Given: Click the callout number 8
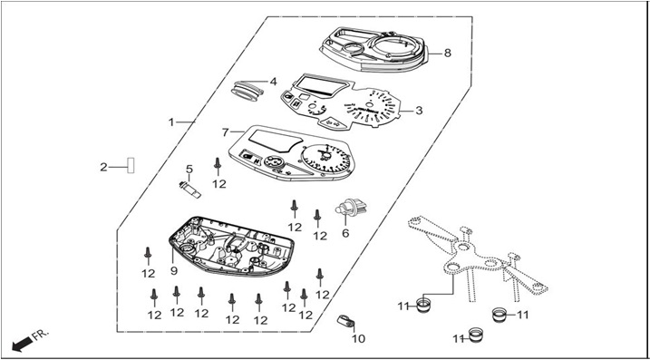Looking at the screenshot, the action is coord(446,54).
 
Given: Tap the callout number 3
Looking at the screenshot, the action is coord(419,111).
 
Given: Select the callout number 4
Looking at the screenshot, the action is coord(273,82).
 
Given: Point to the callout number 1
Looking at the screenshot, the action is coord(170,122).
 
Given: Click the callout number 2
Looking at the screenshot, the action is coord(103,167).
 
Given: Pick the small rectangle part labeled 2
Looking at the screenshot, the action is coord(131,165).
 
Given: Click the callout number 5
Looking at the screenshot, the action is coord(189,170).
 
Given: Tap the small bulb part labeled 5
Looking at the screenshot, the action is coord(189,190).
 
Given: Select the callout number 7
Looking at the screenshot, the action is coord(225,132).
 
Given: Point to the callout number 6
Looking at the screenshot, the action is coord(345,233).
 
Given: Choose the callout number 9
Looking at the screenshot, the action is coord(174,271).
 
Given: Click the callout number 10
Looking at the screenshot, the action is coord(359,339).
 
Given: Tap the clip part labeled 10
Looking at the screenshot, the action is coord(344,320).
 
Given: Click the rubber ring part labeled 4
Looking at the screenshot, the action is coord(247,91).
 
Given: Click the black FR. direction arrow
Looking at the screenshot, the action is coord(22,344).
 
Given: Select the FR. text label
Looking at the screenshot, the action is coord(41,334).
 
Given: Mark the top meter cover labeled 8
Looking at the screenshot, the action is coord(374,49).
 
